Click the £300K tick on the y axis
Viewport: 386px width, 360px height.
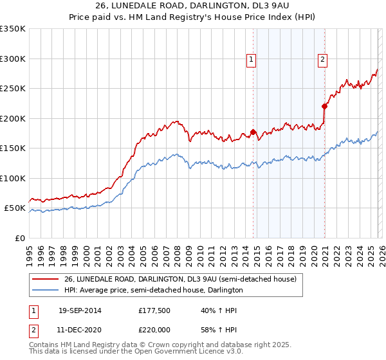pos(12,59)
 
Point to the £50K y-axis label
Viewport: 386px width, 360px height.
pos(15,208)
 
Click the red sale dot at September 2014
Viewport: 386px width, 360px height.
pos(253,132)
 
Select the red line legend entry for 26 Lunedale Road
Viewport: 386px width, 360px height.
pos(180,280)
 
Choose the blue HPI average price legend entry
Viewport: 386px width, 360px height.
pos(153,291)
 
